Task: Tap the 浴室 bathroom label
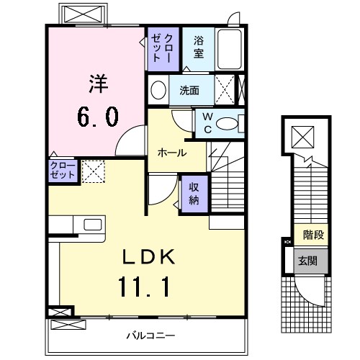point(198,48)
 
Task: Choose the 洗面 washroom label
point(189,91)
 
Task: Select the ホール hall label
point(172,153)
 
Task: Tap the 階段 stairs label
point(312,234)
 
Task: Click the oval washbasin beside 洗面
point(158,91)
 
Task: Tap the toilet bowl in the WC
point(228,123)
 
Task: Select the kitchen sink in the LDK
point(92,225)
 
